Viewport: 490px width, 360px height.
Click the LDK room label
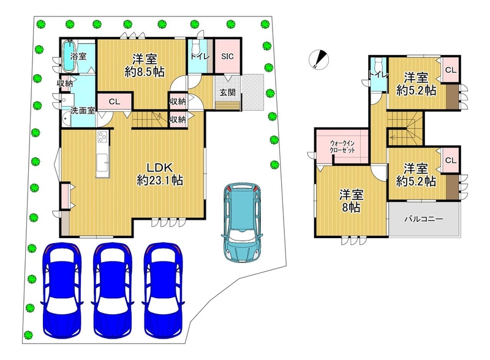click(160, 174)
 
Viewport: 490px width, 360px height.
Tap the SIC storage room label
click(227, 56)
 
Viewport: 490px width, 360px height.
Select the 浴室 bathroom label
click(78, 56)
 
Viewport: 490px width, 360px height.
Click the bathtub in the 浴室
click(69, 56)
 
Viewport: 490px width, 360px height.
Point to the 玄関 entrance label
click(227, 92)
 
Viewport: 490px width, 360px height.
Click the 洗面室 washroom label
click(83, 110)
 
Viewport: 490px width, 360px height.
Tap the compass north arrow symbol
click(318, 59)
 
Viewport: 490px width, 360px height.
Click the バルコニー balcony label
click(424, 219)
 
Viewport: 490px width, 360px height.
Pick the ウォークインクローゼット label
click(342, 146)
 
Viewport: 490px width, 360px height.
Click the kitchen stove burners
click(102, 137)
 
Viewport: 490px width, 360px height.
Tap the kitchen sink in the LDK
click(102, 162)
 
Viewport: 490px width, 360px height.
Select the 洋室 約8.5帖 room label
click(145, 65)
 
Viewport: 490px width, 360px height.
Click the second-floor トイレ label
click(378, 75)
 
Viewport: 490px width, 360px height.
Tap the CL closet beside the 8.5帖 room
click(115, 102)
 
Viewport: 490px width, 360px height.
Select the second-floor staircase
click(405, 128)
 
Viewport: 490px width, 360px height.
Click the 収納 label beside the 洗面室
click(65, 83)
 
